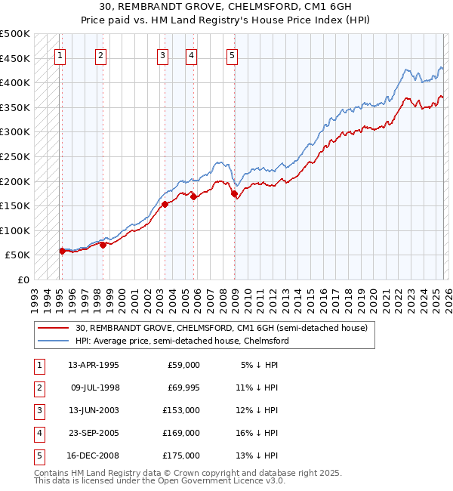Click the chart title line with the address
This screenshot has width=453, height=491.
point(226,8)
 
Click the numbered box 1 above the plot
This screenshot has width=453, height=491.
point(60,54)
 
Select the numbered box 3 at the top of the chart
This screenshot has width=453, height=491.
point(162,54)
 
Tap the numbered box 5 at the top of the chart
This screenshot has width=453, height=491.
point(232,54)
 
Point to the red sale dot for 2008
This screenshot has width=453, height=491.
point(234,194)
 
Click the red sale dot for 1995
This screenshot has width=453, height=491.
point(62,251)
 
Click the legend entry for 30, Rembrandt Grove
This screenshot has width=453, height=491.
point(220,328)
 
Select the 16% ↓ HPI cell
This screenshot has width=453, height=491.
point(257,433)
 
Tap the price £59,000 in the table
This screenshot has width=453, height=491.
point(183,365)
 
